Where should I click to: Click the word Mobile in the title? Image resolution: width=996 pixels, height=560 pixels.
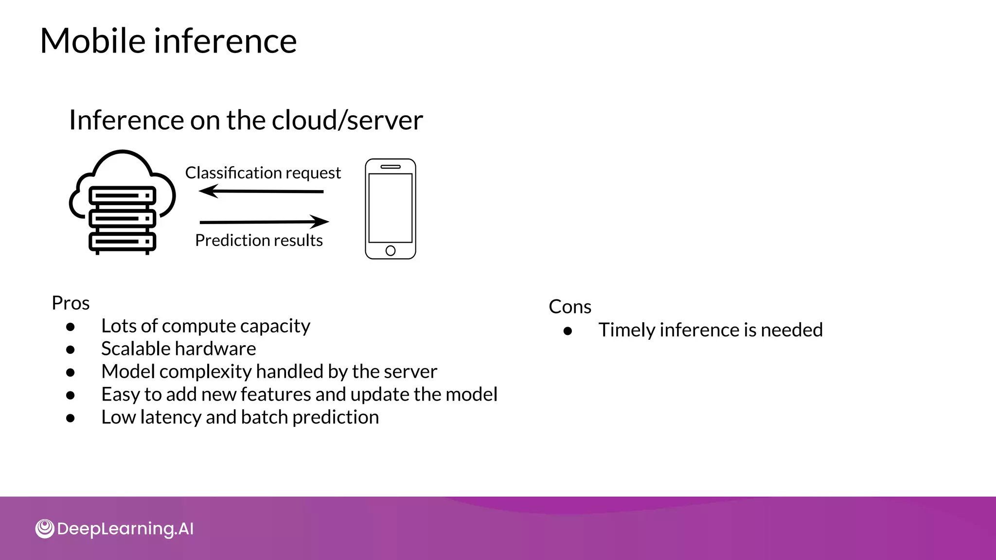pos(92,41)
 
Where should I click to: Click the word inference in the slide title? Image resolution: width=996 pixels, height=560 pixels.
pos(225,41)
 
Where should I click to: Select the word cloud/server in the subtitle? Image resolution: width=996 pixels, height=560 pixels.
pos(347,120)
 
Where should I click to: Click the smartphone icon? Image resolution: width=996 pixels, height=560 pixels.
pos(391,209)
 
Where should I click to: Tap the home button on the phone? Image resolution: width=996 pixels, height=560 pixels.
pos(391,251)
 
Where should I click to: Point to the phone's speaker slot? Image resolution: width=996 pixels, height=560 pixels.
pos(391,167)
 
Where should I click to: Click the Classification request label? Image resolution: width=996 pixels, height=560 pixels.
pos(263,173)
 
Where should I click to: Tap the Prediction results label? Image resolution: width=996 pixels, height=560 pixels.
pos(259,241)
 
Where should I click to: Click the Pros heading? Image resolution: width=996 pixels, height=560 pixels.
pos(71,303)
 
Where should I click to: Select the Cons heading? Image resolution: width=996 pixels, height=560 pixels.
pos(570,307)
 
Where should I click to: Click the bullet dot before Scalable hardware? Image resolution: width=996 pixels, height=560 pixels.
pos(71,350)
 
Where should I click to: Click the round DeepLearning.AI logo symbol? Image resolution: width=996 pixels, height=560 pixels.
pos(45,529)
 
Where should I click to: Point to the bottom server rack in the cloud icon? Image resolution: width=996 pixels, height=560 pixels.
pos(122,241)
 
